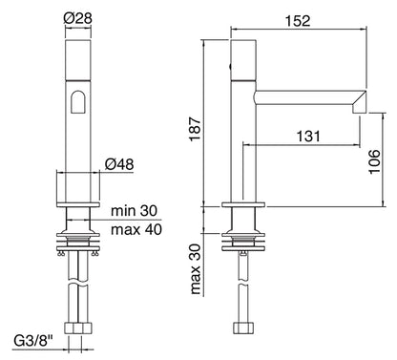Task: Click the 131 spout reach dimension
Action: coord(305,136)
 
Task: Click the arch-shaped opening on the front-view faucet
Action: coord(79,105)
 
